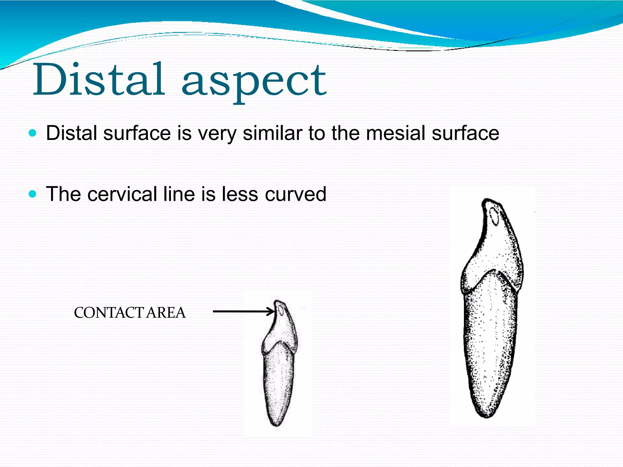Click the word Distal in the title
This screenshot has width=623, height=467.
99,80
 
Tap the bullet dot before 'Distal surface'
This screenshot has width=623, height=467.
32,133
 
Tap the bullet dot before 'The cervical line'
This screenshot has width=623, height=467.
32,194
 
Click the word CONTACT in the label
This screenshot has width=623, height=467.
108,313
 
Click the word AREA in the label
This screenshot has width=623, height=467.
166,313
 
